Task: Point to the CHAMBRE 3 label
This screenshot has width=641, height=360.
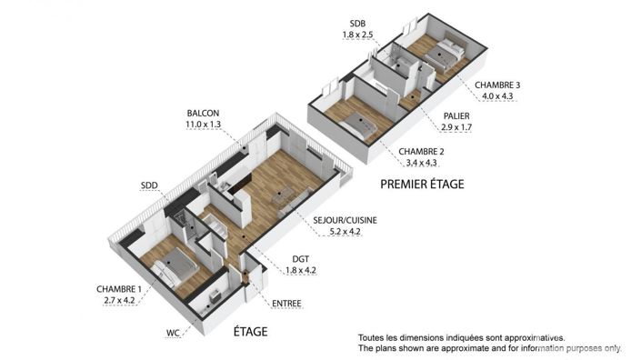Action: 496,85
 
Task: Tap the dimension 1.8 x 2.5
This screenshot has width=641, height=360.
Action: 357,35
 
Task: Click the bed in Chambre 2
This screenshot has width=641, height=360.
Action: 360,125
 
